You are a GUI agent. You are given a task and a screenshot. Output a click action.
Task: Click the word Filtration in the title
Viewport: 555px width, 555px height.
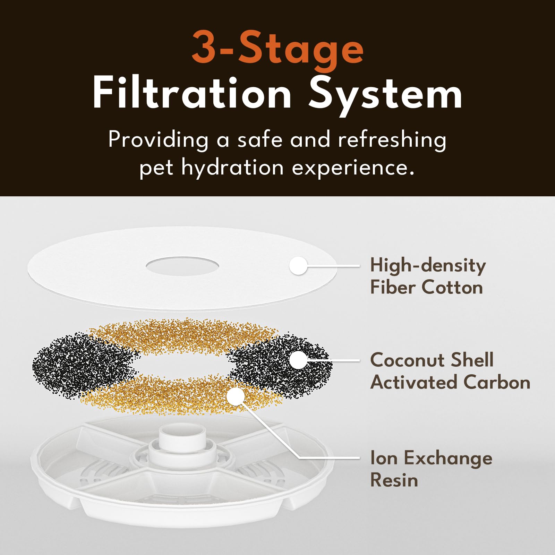click(x=192, y=93)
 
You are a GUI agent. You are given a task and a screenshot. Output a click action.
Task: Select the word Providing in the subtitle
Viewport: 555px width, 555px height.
click(x=158, y=140)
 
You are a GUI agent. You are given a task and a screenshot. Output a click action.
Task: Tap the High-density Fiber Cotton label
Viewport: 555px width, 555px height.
click(x=427, y=276)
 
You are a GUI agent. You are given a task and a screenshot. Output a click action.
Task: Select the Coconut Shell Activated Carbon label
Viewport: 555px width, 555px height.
click(x=450, y=371)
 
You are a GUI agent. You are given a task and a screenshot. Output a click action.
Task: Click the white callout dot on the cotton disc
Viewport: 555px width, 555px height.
click(x=298, y=266)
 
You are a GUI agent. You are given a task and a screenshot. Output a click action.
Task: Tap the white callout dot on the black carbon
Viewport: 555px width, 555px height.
click(x=298, y=360)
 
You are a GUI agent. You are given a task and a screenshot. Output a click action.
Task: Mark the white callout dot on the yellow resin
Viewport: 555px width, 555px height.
click(x=236, y=396)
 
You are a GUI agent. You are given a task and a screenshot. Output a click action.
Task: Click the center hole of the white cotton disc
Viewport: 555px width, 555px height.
click(x=182, y=266)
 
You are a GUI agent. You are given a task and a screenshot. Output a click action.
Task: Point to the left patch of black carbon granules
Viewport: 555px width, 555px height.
click(x=80, y=364)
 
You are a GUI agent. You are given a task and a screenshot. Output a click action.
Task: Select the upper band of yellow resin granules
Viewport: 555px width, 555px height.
click(x=184, y=333)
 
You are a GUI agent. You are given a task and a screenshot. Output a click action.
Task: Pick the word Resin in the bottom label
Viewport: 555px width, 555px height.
click(x=394, y=480)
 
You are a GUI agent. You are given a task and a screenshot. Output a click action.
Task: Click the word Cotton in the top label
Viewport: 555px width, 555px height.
click(x=452, y=288)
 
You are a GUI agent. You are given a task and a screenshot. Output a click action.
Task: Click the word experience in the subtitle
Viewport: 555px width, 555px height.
click(x=353, y=168)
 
